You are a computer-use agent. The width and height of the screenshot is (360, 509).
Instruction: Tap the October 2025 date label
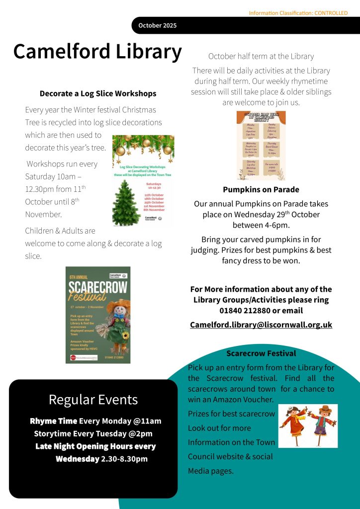pos(157,25)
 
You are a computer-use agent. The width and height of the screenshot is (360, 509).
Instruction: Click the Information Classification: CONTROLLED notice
pos(298,13)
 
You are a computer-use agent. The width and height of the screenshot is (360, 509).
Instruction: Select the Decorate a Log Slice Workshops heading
pos(98,93)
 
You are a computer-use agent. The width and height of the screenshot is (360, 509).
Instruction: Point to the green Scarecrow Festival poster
pos(98,315)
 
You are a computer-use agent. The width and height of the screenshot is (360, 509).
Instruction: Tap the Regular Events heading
pos(93,399)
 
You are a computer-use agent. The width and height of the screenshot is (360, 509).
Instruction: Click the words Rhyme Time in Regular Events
pos(53,421)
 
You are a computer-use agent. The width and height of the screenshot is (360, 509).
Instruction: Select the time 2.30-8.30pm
pos(124,459)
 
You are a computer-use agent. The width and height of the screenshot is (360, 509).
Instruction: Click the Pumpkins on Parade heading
pos(261,189)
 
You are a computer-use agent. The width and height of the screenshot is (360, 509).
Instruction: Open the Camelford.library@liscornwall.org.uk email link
pos(261,325)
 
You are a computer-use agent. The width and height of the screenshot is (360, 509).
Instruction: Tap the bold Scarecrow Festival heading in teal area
pos(261,353)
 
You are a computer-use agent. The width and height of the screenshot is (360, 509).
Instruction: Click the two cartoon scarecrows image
pos(308,425)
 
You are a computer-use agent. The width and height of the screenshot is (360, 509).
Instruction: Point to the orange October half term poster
pos(261,145)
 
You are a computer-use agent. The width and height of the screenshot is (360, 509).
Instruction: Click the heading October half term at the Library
pos(261,56)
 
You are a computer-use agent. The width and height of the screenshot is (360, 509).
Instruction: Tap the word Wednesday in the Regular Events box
pos(77,459)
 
